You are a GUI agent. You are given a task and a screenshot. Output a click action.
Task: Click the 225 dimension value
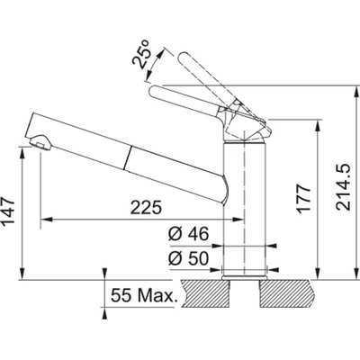tap(146, 207)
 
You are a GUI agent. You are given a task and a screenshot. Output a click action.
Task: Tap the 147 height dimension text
tap(8, 211)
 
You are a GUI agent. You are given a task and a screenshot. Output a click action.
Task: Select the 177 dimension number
tap(303, 199)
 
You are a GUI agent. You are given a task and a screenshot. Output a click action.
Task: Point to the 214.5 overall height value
tap(343, 187)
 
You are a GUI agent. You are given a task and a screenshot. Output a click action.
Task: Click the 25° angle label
tap(141, 54)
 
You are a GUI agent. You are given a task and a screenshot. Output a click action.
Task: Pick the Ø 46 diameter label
tap(188, 234)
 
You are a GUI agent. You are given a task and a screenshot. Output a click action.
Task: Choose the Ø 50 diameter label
tap(188, 258)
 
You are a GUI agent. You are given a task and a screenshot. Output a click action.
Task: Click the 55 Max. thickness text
tap(143, 295)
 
